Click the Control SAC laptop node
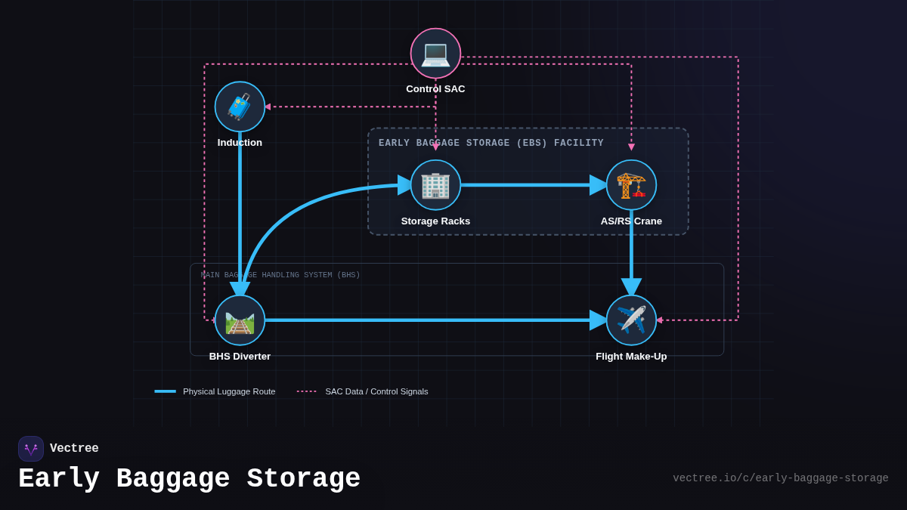click(435, 53)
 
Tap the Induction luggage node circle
click(240, 107)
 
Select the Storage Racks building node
click(435, 185)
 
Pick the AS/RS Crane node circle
click(631, 185)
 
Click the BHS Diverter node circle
click(240, 320)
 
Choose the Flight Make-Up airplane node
click(631, 320)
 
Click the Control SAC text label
click(435, 89)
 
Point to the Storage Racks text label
click(435, 221)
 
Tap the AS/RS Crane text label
click(631, 221)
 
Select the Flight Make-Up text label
click(631, 357)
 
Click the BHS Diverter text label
click(240, 357)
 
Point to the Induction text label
click(240, 143)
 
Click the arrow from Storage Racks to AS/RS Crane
click(529, 185)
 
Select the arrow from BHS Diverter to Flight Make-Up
click(431, 320)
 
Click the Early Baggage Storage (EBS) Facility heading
click(491, 144)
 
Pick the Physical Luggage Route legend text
click(229, 391)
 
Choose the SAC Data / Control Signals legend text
click(376, 391)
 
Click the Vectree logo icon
click(31, 449)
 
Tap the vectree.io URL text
click(780, 478)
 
